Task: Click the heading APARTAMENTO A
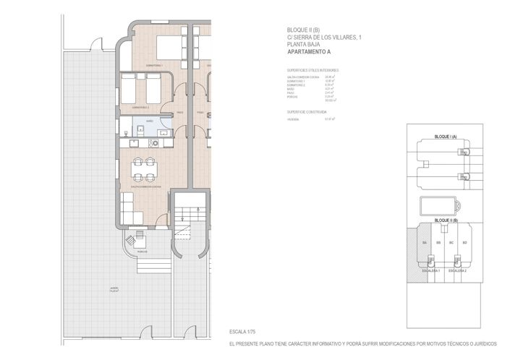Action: tap(309, 53)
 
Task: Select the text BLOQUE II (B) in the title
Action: tap(302, 30)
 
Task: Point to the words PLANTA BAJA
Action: tap(302, 45)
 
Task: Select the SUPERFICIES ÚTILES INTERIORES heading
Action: tap(313, 70)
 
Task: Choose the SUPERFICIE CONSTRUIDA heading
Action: tap(307, 113)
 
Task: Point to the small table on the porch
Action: tap(138, 236)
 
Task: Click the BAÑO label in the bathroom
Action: tap(149, 121)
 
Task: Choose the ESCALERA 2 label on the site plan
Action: tap(457, 270)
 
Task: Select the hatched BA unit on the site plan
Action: tap(425, 243)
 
